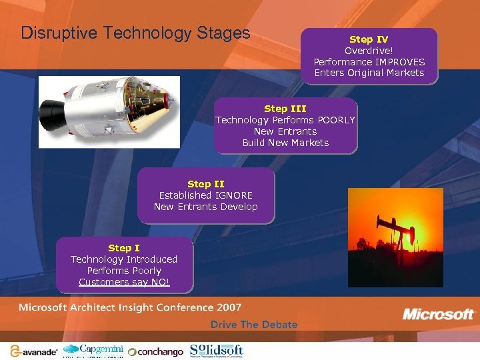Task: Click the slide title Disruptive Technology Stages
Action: [135, 33]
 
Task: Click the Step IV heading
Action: [369, 39]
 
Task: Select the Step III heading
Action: [285, 109]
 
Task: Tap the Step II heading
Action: [205, 184]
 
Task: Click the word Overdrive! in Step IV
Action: [369, 51]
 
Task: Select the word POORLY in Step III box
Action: [336, 120]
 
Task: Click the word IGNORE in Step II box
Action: [233, 195]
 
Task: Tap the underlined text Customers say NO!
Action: [124, 282]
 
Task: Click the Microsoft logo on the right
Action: [438, 314]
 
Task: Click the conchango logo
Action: [155, 352]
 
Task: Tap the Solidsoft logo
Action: [216, 350]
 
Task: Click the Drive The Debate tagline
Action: [254, 325]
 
